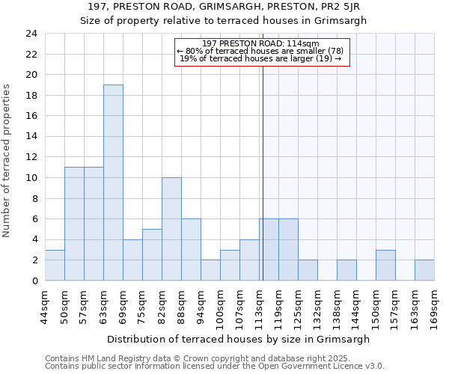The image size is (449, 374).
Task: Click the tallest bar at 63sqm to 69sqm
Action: [x=113, y=183]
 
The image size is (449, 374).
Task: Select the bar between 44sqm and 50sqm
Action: [x=55, y=265]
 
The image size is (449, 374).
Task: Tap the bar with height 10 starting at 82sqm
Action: [x=171, y=229]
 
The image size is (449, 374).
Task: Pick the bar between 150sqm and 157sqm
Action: [x=385, y=265]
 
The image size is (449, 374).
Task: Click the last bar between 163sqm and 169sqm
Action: [x=424, y=270]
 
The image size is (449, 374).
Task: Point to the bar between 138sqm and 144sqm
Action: [x=346, y=270]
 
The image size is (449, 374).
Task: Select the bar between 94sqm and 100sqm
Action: [x=210, y=270]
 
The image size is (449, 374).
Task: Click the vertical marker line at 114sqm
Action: [x=263, y=150]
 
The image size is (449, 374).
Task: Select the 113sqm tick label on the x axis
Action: [x=259, y=304]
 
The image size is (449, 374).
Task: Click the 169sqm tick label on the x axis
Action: [x=434, y=304]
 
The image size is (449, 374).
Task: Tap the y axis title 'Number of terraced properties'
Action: [x=7, y=160]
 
